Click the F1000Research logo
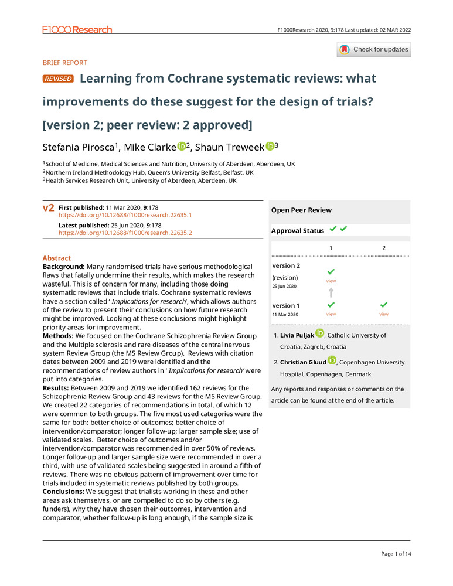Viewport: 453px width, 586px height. (77, 29)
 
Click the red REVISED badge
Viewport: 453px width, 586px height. (58, 79)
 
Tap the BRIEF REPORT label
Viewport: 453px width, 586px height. (65, 63)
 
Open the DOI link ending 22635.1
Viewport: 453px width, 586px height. (125, 215)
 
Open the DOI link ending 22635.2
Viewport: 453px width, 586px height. (125, 233)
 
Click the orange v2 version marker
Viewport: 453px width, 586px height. (49, 208)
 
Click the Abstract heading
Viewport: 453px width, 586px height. (57, 258)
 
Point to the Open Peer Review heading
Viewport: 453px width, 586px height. (301, 210)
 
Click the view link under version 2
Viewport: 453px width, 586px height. (331, 281)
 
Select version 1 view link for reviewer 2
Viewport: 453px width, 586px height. (383, 314)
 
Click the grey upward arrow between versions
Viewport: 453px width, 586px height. (331, 292)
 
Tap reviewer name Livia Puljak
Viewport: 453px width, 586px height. (297, 335)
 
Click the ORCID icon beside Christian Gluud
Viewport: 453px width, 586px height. (332, 360)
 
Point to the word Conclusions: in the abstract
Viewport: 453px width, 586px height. (64, 491)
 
